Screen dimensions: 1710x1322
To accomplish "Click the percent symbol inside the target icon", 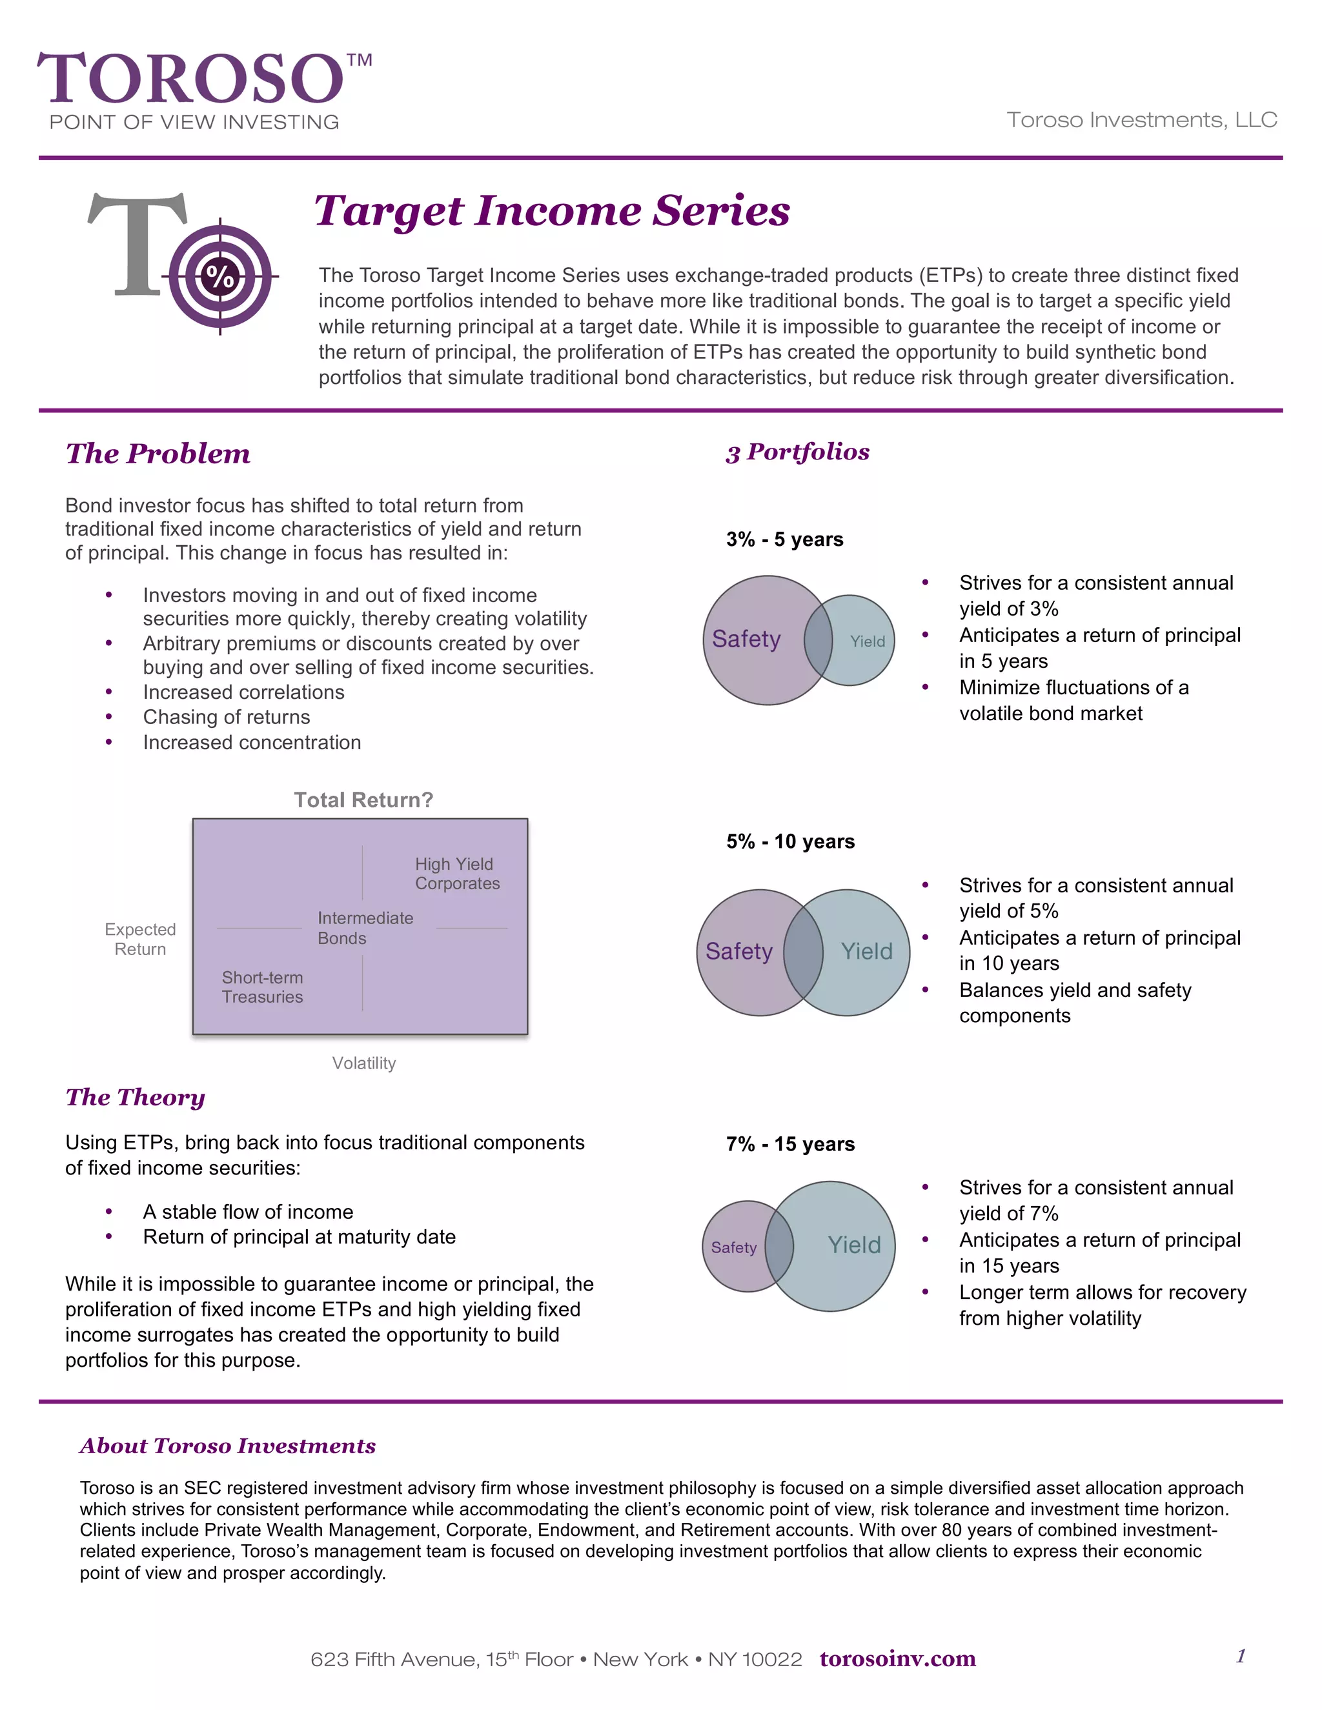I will (x=220, y=276).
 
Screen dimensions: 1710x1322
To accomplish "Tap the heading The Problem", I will (x=158, y=454).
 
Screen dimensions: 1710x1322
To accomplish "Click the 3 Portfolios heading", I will (x=797, y=452).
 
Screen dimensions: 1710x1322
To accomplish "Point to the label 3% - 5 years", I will (x=784, y=539).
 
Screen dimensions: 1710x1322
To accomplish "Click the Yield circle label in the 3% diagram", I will (x=868, y=641).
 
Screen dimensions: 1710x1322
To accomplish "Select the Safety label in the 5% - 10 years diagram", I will (x=738, y=951).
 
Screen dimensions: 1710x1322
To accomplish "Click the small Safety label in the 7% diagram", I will (x=734, y=1247).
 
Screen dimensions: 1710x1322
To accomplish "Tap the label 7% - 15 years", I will (x=789, y=1144).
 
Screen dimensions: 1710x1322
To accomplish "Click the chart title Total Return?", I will (x=363, y=800).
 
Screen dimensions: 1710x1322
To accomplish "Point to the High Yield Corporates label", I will (x=456, y=874).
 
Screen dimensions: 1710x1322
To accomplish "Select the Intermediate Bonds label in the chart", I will (x=365, y=928).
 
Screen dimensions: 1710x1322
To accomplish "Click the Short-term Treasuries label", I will (x=261, y=987).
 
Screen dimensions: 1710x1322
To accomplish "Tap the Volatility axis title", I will (x=363, y=1063).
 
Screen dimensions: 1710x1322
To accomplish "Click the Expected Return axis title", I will (x=140, y=939).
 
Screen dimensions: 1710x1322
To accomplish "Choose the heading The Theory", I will (x=136, y=1097).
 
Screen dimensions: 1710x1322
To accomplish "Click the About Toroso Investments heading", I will (x=227, y=1445).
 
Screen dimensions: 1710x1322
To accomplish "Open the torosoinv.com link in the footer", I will (x=897, y=1658).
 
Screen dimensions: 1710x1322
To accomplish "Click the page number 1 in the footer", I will (x=1241, y=1656).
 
